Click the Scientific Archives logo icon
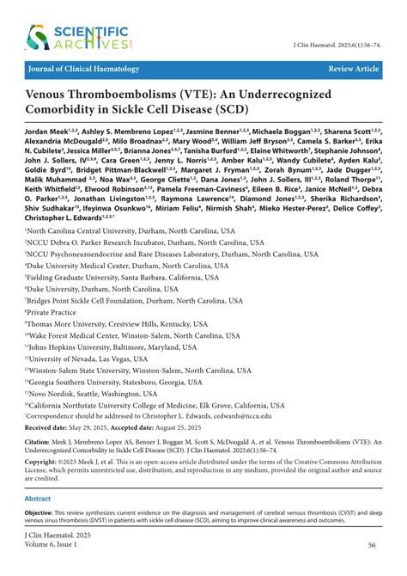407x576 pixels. (x=38, y=37)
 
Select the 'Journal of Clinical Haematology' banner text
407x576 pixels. (x=84, y=67)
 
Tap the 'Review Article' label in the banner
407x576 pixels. (x=353, y=67)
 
